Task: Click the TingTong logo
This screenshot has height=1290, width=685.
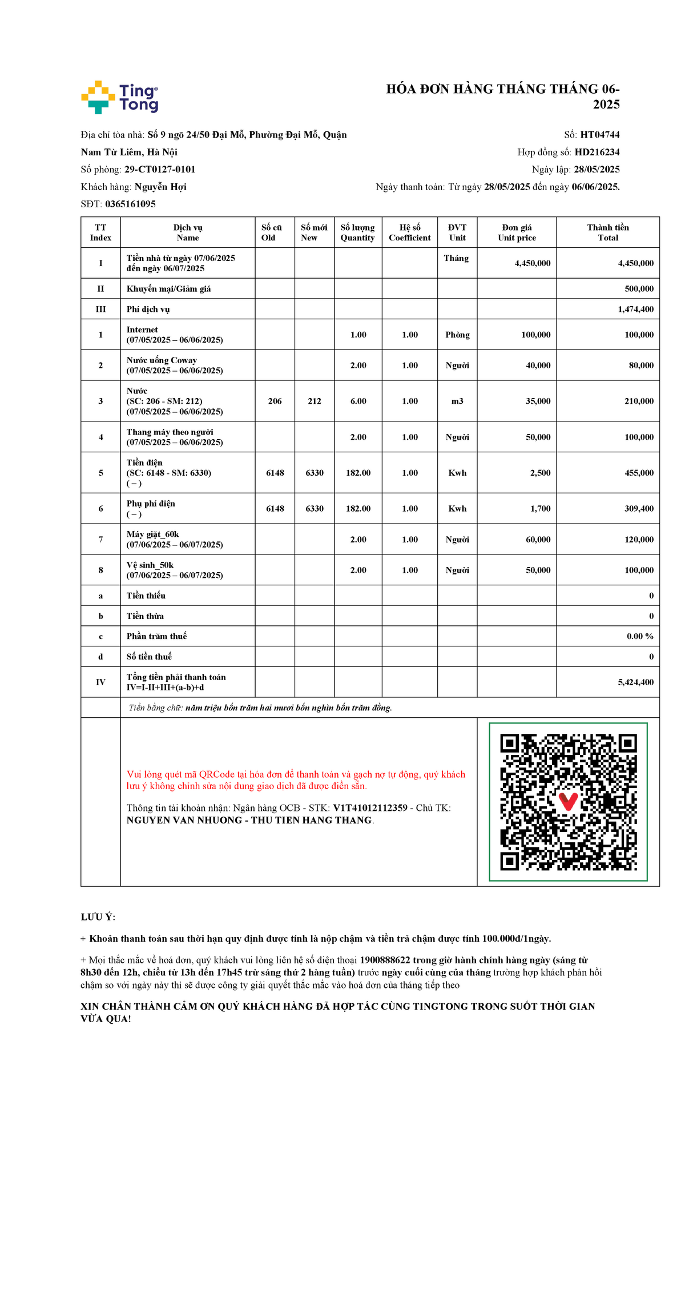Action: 120,98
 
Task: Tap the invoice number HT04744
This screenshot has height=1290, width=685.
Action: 599,135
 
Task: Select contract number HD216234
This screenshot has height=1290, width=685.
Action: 597,152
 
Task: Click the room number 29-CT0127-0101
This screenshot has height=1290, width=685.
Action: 160,170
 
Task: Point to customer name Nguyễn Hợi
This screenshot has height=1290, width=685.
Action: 160,187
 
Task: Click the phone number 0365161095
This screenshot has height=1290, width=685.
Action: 130,204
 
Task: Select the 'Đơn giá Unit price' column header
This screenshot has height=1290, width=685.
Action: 517,232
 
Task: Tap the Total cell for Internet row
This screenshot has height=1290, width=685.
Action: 639,335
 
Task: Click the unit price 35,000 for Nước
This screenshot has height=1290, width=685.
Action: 538,401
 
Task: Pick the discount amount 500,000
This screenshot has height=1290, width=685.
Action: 639,289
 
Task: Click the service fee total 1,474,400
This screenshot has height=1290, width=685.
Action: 635,309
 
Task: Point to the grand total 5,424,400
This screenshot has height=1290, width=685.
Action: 635,682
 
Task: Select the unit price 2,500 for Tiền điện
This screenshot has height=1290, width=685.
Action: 540,473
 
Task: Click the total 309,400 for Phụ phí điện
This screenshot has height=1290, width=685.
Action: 639,508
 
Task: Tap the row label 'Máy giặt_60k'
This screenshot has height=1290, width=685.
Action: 152,535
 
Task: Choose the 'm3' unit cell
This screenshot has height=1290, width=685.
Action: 457,401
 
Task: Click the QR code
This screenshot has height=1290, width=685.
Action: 568,802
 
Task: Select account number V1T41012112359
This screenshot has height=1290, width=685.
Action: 370,808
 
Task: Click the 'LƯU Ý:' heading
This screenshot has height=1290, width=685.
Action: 98,917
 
